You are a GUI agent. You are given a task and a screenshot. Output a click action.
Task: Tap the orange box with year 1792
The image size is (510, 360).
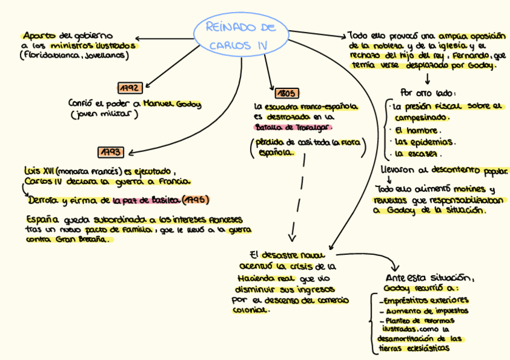click(130, 88)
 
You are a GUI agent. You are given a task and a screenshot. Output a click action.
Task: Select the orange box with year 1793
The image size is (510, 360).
click(111, 151)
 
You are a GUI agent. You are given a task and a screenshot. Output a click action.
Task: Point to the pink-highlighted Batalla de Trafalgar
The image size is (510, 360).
click(293, 127)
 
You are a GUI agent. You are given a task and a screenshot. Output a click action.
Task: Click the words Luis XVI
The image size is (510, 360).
click(35, 171)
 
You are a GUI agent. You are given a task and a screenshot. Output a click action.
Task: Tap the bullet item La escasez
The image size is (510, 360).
click(418, 153)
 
